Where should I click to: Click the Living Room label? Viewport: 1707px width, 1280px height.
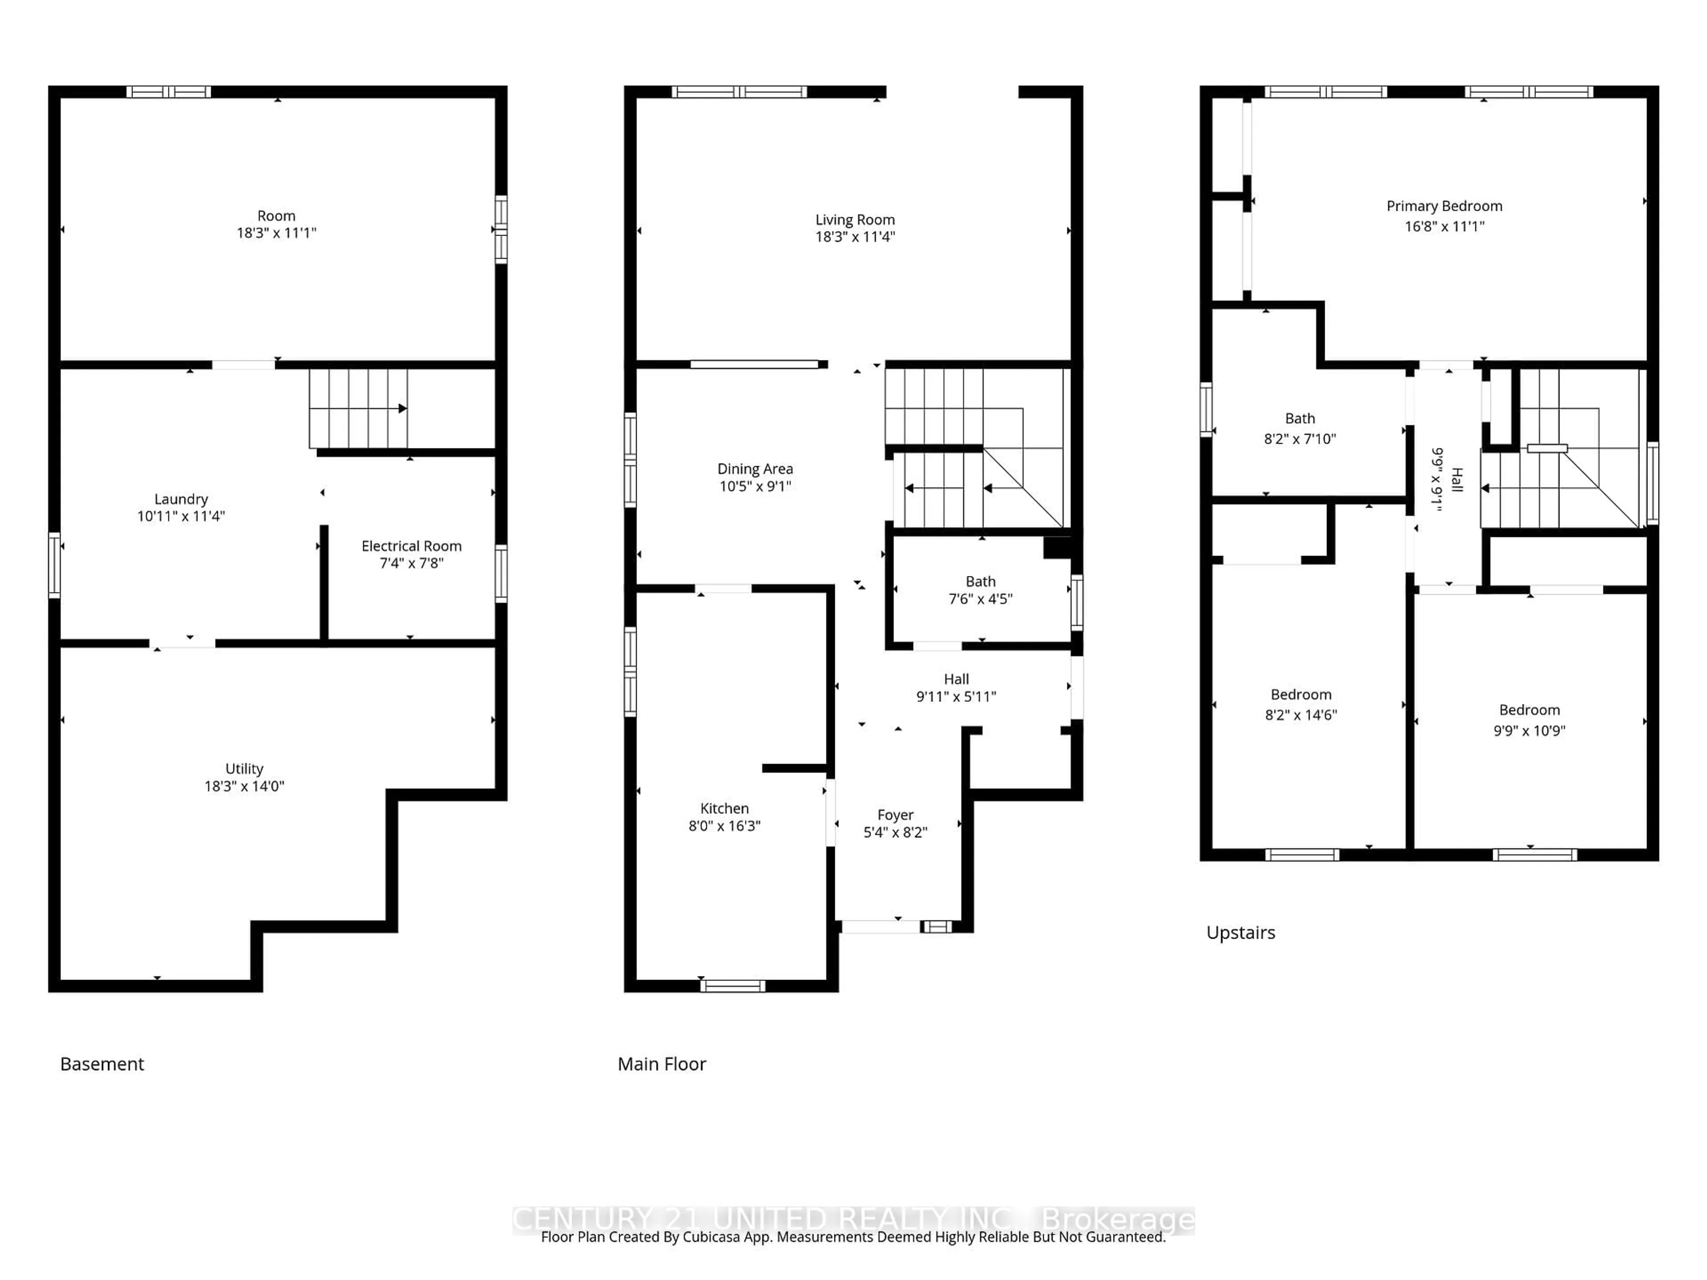pyautogui.click(x=854, y=220)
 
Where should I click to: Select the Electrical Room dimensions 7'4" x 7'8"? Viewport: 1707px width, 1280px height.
pyautogui.click(x=411, y=563)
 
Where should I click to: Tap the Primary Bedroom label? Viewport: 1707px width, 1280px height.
pyautogui.click(x=1444, y=206)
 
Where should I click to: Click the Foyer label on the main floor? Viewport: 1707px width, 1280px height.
pyautogui.click(x=895, y=815)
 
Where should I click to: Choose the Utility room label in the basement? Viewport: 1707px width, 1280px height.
pyautogui.click(x=244, y=768)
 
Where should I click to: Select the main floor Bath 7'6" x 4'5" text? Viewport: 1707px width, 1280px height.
pyautogui.click(x=980, y=599)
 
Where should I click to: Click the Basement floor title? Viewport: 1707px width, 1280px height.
pyautogui.click(x=102, y=1064)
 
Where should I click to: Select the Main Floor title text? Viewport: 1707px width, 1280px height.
pyautogui.click(x=661, y=1064)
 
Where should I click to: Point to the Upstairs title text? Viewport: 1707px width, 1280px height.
pyautogui.click(x=1240, y=933)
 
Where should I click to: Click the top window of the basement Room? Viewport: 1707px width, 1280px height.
pyautogui.click(x=168, y=92)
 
